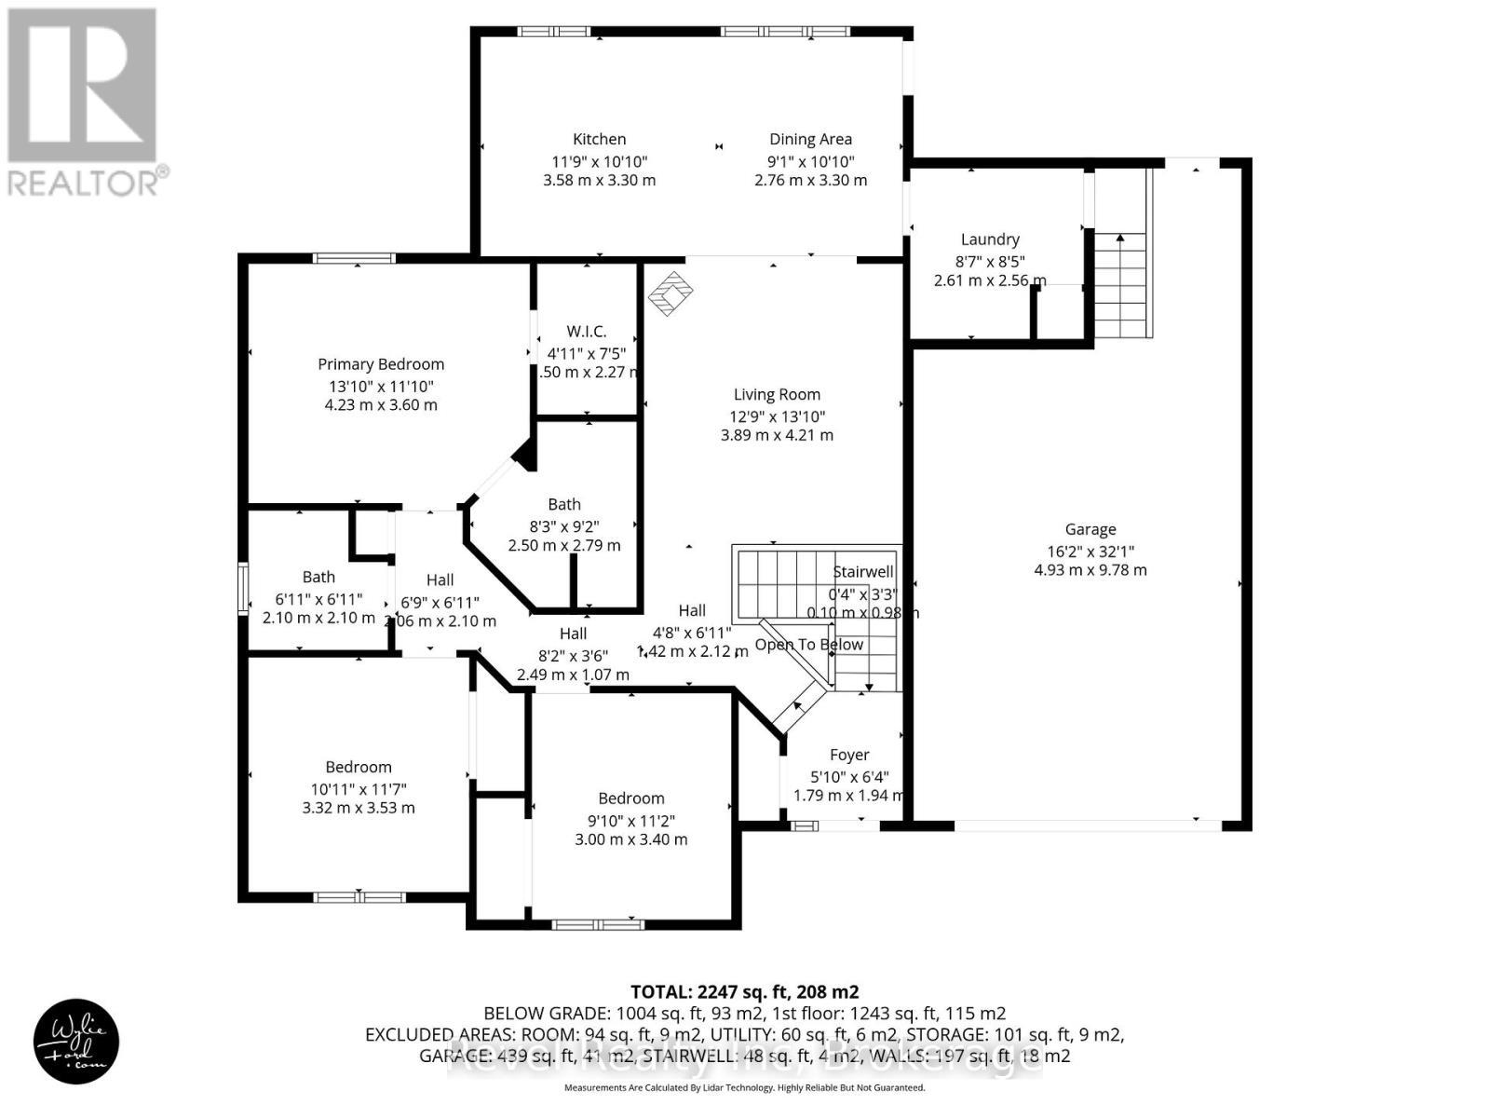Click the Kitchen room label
[x=599, y=139]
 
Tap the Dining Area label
[x=810, y=139]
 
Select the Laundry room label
[x=990, y=239]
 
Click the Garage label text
[x=1090, y=529]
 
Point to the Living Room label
[x=777, y=394]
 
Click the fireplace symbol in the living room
[x=671, y=293]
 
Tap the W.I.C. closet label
[x=587, y=332]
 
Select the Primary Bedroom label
[x=381, y=364]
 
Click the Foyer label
[x=849, y=755]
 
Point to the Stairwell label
[x=863, y=571]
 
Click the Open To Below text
[x=808, y=645]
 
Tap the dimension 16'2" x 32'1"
[x=1090, y=550]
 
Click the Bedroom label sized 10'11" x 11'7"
[x=359, y=767]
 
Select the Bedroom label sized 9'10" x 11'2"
[x=631, y=798]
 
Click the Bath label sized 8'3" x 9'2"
[x=564, y=504]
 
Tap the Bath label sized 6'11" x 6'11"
[x=318, y=577]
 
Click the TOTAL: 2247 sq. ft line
[x=745, y=991]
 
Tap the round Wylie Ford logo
[x=77, y=1042]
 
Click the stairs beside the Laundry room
[x=1122, y=284]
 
